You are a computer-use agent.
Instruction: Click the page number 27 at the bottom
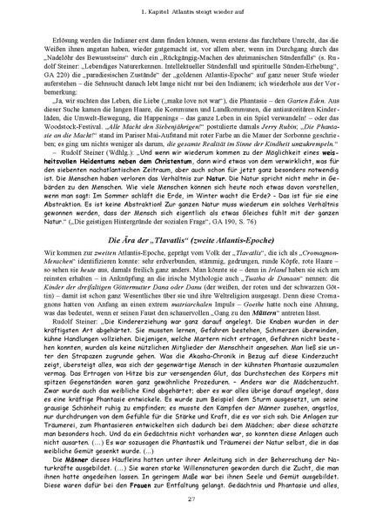(x=184, y=498)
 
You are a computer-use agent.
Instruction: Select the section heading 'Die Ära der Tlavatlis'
(x=184, y=239)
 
